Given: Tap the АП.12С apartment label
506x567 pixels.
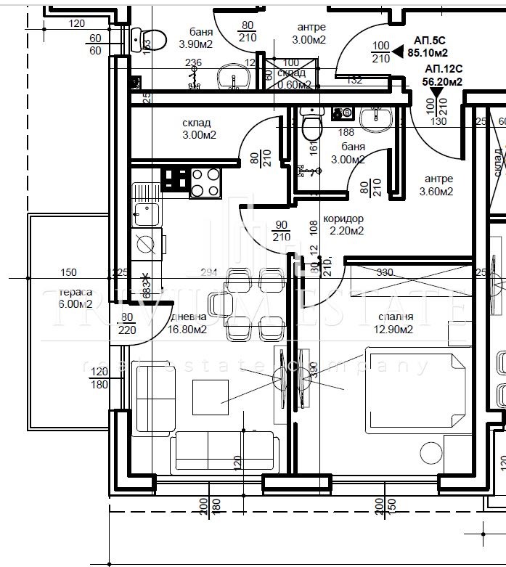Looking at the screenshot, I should point(443,76).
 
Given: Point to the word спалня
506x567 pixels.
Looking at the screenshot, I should point(395,317).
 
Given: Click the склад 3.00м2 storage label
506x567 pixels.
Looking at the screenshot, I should point(198,129).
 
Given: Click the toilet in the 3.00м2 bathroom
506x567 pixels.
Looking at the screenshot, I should point(311,126).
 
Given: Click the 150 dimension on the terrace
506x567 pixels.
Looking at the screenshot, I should point(68,273).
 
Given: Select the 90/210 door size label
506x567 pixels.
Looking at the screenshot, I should point(282,232).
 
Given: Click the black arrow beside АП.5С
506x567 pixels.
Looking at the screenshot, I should point(398,51).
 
